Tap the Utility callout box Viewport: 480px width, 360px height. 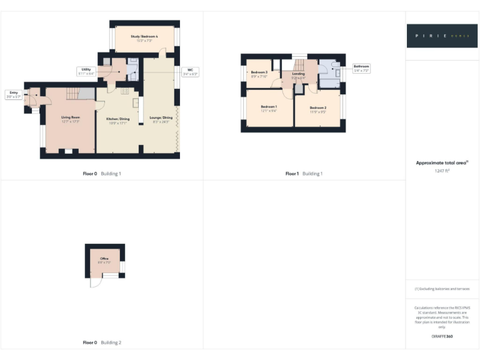[86, 71]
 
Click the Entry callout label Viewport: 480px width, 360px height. [13, 95]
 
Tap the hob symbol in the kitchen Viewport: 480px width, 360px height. [125, 92]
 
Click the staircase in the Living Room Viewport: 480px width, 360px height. [74, 94]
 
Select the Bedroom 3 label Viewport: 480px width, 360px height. [259, 73]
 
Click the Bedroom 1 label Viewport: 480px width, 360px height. [269, 107]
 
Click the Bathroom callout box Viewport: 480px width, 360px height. [361, 68]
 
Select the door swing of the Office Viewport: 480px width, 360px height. [96, 282]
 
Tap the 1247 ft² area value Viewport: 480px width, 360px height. [442, 170]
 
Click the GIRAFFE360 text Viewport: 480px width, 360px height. [441, 336]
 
